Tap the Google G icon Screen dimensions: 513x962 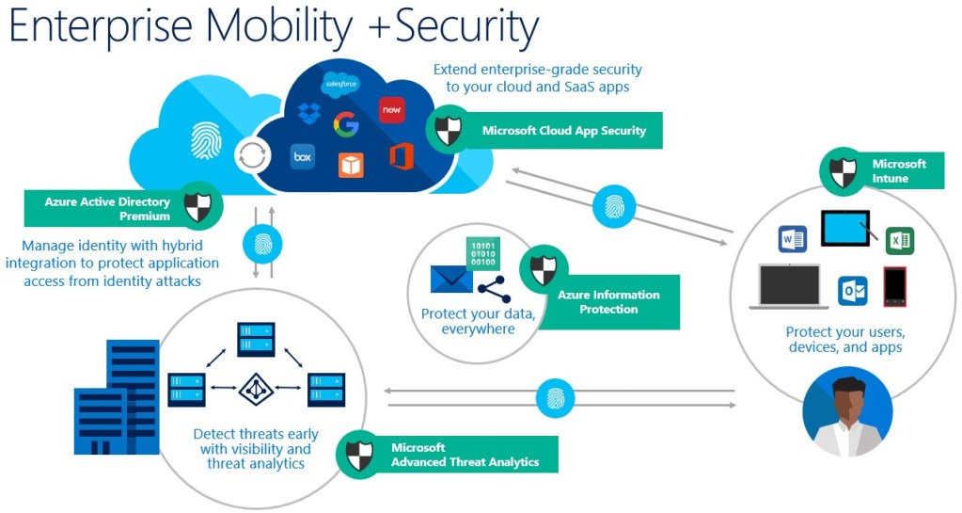pyautogui.click(x=346, y=123)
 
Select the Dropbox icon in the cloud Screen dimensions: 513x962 pyautogui.click(x=308, y=114)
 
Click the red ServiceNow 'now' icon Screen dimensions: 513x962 pyautogui.click(x=391, y=109)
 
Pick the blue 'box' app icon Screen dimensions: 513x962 pyautogui.click(x=302, y=156)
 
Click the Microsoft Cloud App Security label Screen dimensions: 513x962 pyautogui.click(x=563, y=131)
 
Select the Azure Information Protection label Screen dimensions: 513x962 pyautogui.click(x=607, y=302)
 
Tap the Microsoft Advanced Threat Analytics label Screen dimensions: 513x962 pyautogui.click(x=465, y=455)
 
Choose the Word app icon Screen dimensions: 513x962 pyautogui.click(x=793, y=239)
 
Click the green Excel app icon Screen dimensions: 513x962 pyautogui.click(x=900, y=240)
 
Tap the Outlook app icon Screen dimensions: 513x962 pyautogui.click(x=852, y=291)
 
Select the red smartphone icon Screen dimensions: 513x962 pyautogui.click(x=894, y=287)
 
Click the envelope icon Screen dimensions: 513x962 pyautogui.click(x=451, y=280)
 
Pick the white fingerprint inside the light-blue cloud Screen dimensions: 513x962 pyautogui.click(x=206, y=140)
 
